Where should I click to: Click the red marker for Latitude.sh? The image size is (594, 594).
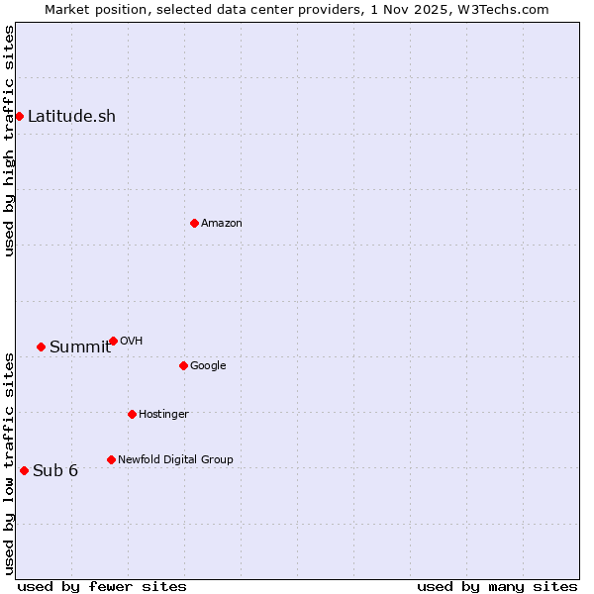[19, 116]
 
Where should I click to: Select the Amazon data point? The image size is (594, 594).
[194, 223]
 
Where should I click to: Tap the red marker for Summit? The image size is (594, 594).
[41, 346]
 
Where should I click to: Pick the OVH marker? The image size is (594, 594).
[113, 341]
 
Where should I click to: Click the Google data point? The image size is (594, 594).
[183, 365]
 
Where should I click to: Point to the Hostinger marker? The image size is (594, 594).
[132, 414]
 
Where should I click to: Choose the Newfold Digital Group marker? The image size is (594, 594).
[111, 459]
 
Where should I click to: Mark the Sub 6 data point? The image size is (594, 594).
[24, 470]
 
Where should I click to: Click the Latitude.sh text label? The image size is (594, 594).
[71, 116]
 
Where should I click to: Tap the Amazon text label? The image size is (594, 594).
[222, 223]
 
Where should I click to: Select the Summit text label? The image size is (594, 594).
[80, 346]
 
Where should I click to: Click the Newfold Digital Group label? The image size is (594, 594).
[175, 459]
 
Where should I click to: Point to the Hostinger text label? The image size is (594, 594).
[163, 414]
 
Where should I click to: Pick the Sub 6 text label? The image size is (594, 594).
[55, 470]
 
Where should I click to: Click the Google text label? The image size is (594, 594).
[208, 365]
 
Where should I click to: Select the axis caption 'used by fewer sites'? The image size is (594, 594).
[102, 586]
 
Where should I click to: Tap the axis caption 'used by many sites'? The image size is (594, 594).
[497, 586]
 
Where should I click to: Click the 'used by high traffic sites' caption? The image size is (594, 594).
[9, 141]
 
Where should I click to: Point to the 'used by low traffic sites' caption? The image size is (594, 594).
[9, 463]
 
